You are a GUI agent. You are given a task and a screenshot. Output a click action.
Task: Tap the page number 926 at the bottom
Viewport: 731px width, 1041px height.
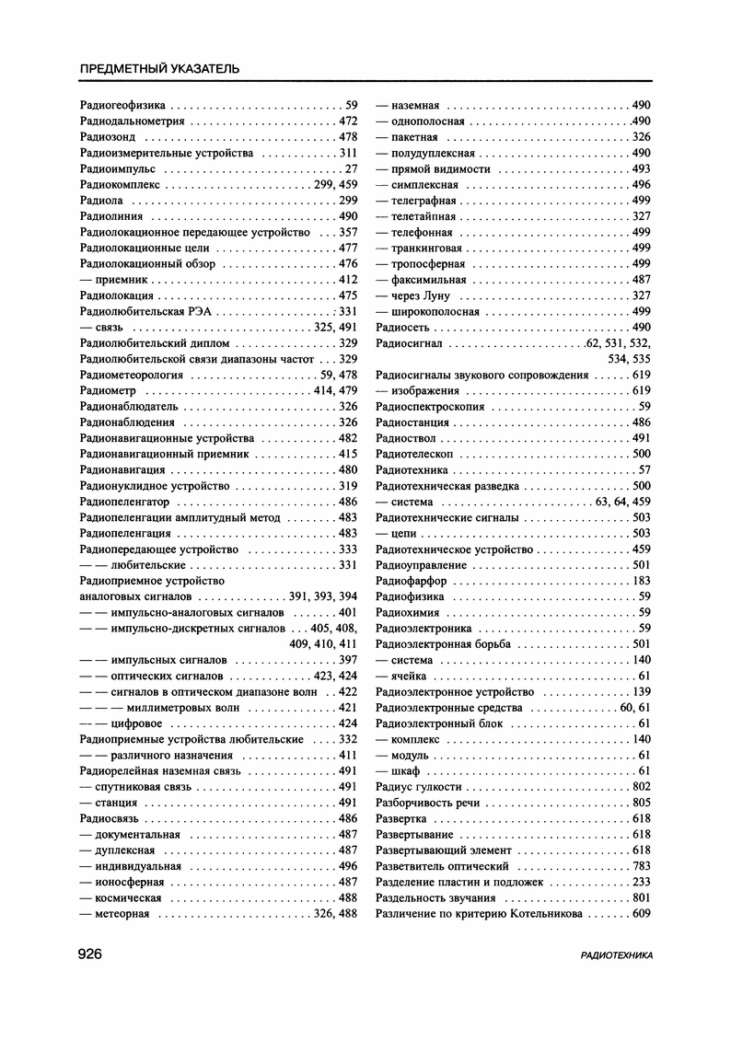96,954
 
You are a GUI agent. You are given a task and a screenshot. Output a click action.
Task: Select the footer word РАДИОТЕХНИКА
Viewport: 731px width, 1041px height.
617,956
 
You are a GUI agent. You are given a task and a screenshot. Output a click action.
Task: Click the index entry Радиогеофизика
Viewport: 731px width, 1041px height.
122,105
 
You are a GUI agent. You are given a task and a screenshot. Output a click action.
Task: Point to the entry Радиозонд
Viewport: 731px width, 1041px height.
107,137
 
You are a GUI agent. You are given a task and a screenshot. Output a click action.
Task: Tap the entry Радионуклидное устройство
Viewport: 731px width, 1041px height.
155,486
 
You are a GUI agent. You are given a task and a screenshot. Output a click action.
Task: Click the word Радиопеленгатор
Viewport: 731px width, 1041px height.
124,502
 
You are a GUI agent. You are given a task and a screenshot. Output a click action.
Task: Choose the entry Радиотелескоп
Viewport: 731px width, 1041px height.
415,455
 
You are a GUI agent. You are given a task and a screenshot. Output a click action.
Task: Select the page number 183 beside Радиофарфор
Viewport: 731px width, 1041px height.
642,581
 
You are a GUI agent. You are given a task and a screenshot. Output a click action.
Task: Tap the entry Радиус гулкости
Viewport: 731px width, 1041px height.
419,787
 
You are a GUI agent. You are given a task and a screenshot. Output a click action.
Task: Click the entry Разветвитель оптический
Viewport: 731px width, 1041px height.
442,866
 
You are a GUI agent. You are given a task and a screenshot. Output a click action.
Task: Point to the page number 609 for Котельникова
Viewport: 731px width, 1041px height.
642,914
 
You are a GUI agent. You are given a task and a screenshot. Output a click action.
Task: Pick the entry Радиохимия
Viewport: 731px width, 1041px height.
408,613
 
